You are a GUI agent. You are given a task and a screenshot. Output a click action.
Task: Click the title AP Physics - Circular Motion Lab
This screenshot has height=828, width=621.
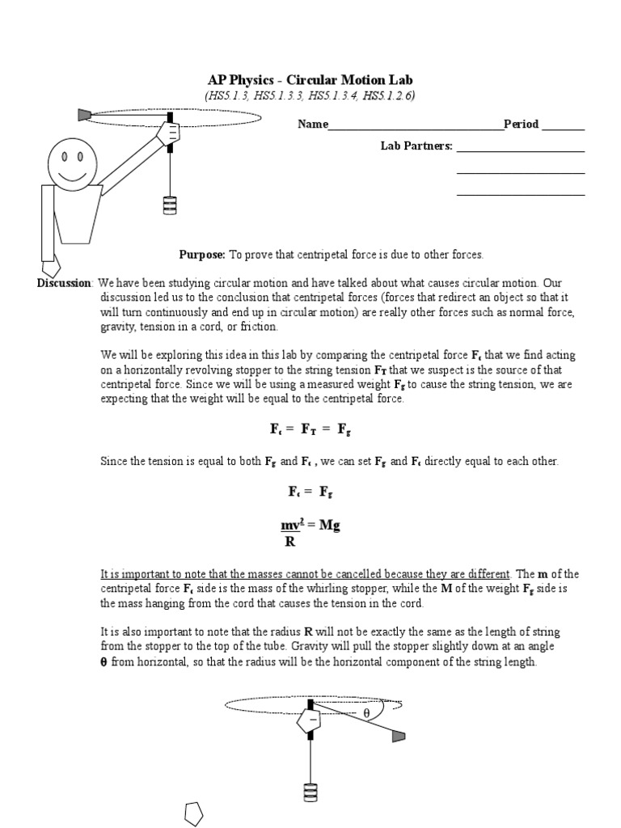point(310,81)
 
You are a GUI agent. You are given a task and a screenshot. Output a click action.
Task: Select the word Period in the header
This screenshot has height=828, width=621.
point(521,125)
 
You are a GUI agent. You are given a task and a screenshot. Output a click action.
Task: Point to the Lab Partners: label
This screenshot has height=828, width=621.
point(416,146)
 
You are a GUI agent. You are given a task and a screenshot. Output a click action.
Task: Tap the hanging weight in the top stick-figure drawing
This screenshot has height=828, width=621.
point(169,205)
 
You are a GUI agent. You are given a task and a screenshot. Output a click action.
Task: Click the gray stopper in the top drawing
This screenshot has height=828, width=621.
point(83,116)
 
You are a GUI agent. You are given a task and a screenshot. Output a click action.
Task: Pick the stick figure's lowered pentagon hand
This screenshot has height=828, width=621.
point(50,264)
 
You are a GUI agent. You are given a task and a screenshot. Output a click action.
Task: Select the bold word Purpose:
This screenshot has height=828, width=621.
point(202,255)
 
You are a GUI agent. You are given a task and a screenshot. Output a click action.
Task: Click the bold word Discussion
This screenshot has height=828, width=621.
point(65,283)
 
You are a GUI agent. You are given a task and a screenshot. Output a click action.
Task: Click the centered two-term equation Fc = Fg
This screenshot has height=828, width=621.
point(310,492)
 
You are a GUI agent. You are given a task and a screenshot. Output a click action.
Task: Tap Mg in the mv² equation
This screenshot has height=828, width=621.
point(328,526)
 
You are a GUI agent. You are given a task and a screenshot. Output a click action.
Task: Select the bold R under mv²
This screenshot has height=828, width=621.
point(289,542)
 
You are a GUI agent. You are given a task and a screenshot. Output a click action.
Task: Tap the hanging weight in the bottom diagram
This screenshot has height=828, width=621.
point(310,792)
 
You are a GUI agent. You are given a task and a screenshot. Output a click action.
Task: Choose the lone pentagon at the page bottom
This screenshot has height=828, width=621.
point(194,813)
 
